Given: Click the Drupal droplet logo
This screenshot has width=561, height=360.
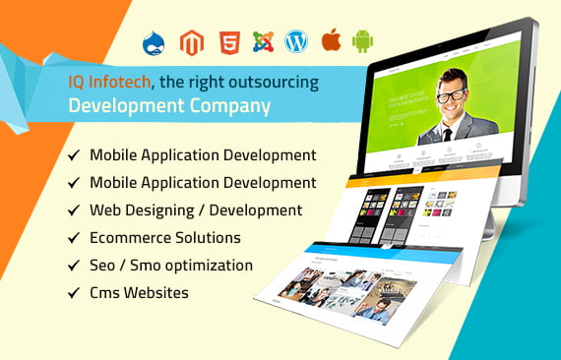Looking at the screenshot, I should [153, 43].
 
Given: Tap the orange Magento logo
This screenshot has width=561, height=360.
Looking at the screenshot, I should [191, 42].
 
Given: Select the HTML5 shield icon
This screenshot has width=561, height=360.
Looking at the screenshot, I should [227, 42].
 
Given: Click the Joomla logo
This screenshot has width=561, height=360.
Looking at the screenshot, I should [263, 42].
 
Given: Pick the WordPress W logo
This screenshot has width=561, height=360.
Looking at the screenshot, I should [296, 42].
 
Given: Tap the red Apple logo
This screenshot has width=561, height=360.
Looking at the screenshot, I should [331, 41].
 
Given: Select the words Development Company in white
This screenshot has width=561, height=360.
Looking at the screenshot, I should [161, 106].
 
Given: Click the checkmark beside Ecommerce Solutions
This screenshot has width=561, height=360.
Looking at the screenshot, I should [74, 238].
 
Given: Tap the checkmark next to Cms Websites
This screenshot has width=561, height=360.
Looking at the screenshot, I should [74, 293].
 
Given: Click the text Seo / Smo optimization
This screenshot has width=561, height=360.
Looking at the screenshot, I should [170, 266].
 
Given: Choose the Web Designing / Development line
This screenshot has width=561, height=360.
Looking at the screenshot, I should [195, 210].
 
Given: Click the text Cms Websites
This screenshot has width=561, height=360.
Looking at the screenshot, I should [139, 293].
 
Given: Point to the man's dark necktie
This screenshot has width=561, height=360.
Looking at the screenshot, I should [449, 134].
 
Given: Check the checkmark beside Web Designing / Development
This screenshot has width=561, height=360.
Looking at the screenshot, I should [74, 210].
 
